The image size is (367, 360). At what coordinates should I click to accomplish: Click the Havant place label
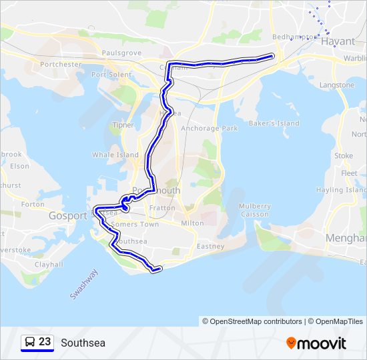click(x=338, y=41)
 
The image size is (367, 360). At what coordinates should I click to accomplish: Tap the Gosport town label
click(x=68, y=216)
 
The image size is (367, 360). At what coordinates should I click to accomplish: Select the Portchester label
click(x=61, y=65)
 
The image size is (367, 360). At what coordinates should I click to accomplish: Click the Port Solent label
click(x=111, y=74)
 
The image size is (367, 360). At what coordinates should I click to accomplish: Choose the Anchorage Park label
click(x=210, y=128)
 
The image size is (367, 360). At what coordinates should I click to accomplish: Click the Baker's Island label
click(x=274, y=123)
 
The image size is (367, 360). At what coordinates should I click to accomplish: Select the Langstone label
click(x=337, y=85)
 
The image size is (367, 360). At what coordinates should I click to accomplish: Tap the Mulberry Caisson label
click(x=254, y=210)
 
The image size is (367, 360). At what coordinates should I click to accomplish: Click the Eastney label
click(x=211, y=247)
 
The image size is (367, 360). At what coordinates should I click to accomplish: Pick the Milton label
click(x=192, y=223)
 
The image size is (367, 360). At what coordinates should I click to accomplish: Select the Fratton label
click(x=162, y=208)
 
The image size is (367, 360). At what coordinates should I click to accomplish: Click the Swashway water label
click(x=84, y=283)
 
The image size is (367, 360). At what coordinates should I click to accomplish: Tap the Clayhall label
click(x=49, y=264)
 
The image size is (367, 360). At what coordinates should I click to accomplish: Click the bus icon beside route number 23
click(x=30, y=342)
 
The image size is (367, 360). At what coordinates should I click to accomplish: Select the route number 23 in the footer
click(x=45, y=342)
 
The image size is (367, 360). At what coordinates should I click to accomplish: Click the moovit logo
click(x=316, y=343)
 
